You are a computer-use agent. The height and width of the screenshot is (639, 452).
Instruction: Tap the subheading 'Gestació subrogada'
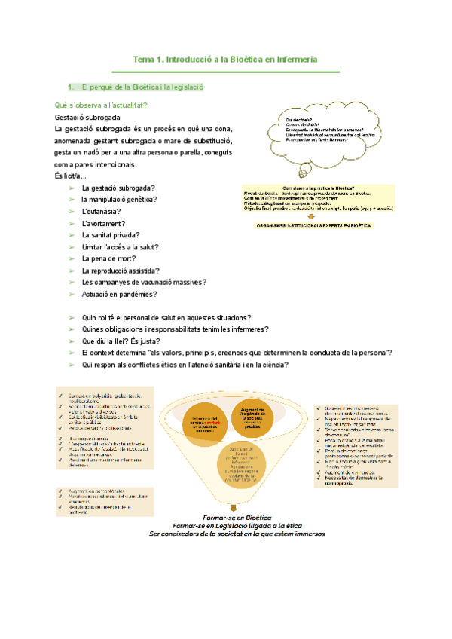87,118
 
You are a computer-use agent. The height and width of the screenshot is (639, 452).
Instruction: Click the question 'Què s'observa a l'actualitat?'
101,105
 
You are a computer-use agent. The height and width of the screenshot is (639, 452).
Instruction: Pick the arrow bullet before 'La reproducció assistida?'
71,271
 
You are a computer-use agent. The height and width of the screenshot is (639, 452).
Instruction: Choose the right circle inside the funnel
254,419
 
